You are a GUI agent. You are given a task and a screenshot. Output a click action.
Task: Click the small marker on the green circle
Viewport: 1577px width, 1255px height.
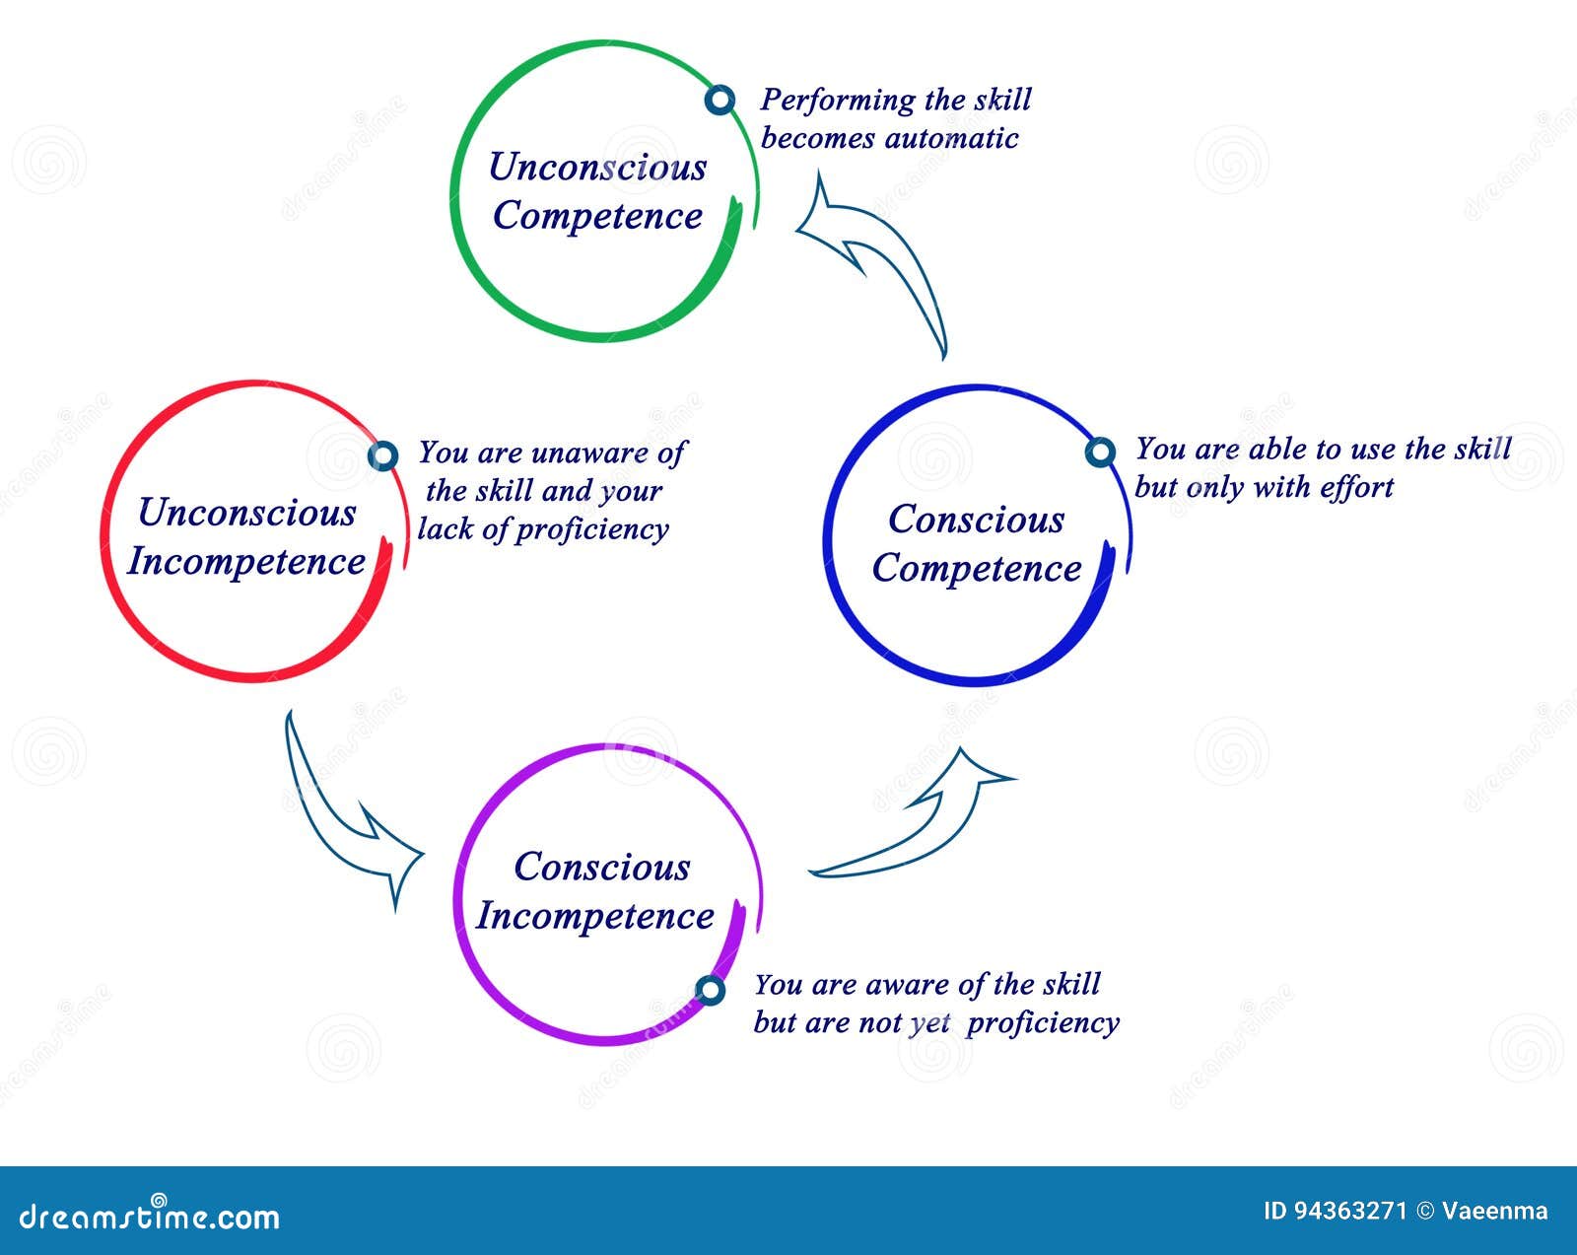tap(721, 100)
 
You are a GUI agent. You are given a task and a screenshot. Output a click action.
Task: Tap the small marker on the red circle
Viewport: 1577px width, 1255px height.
tap(382, 455)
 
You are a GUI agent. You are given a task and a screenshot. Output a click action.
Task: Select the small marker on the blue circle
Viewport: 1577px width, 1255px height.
tap(1100, 453)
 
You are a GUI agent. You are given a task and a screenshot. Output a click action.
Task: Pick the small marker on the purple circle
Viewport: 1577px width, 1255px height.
tap(710, 990)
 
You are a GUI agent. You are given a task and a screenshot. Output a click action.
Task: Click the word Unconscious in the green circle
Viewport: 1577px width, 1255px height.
tap(597, 168)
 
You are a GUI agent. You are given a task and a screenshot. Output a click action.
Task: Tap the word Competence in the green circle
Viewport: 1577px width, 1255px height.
tap(597, 216)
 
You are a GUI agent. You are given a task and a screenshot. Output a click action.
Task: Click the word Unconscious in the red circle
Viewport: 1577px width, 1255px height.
tap(246, 513)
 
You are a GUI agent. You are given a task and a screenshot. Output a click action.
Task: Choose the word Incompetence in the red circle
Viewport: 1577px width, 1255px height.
tap(246, 562)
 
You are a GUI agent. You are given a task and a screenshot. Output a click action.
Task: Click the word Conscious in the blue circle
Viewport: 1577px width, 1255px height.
tap(976, 520)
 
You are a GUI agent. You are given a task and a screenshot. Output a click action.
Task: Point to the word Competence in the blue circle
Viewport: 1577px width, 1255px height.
tap(976, 569)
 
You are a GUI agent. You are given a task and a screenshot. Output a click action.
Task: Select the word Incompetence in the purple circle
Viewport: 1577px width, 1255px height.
tap(595, 917)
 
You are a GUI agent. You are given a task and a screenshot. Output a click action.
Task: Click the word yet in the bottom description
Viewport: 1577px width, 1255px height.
tap(929, 1024)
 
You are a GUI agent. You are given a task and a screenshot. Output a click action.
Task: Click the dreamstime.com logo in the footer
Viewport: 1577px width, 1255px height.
tap(150, 1217)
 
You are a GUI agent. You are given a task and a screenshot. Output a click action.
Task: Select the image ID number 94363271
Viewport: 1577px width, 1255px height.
tap(1349, 1211)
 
